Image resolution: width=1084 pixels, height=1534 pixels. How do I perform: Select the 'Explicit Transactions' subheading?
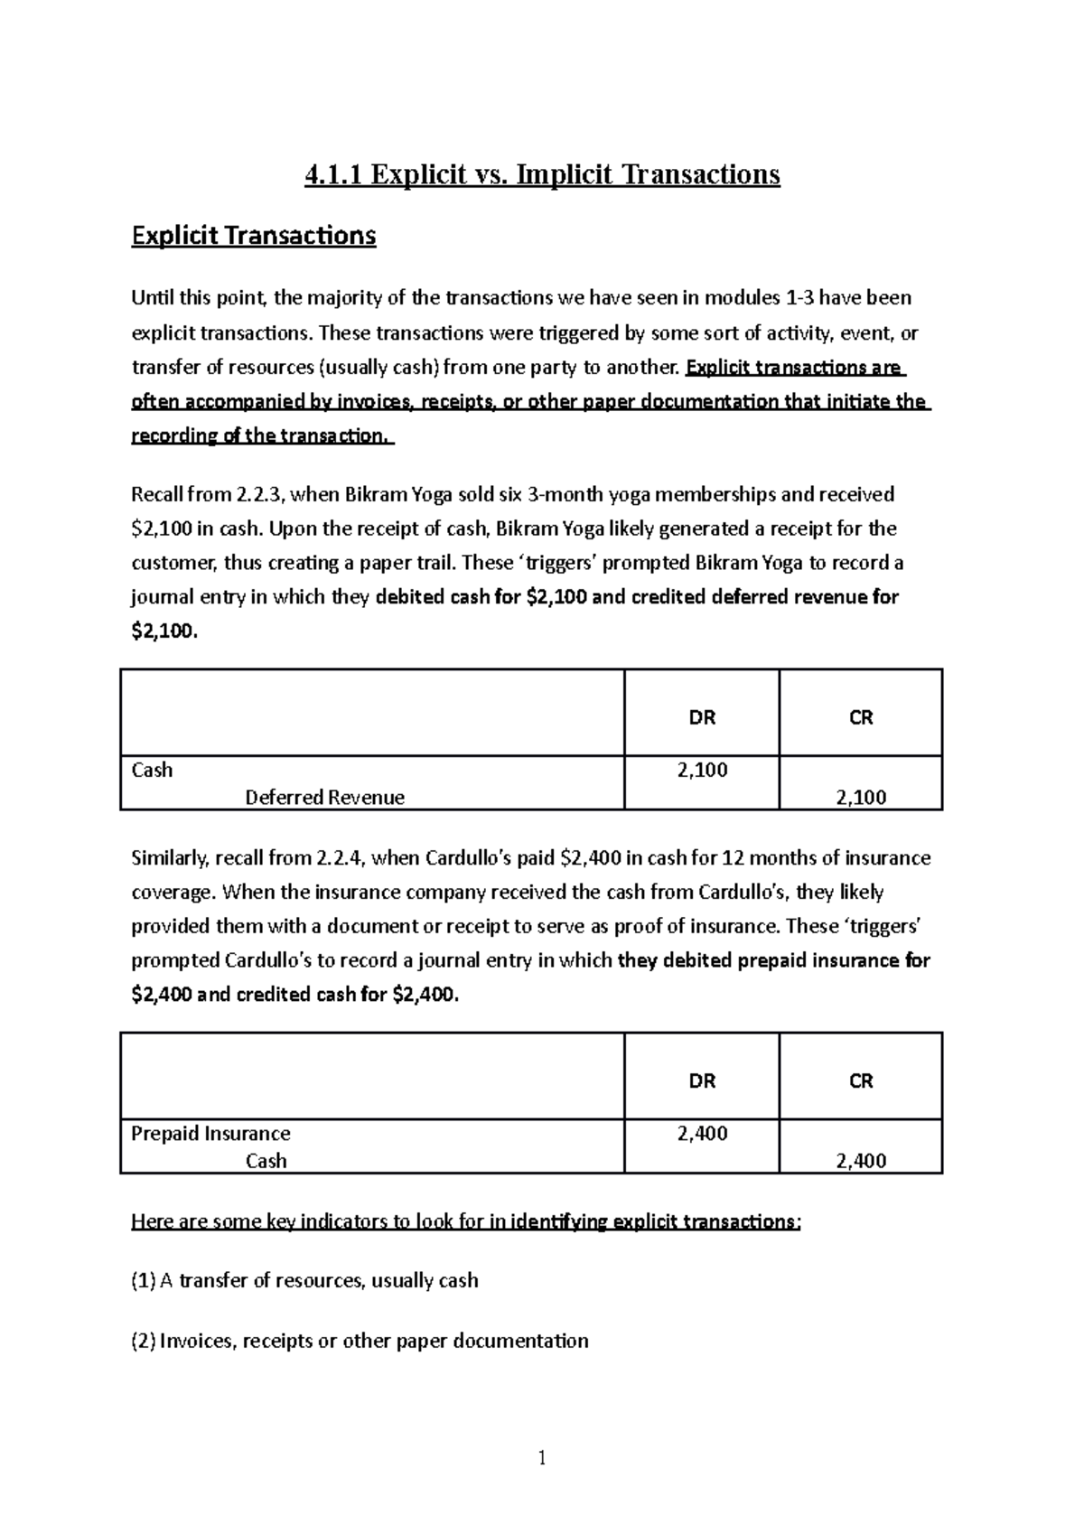click(x=254, y=236)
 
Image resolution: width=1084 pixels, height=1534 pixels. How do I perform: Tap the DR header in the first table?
click(x=702, y=717)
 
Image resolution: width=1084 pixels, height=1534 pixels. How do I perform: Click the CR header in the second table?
click(x=861, y=1080)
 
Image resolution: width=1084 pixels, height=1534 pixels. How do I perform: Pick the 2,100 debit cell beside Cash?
click(x=702, y=770)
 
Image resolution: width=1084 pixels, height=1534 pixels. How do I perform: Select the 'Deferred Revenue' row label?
click(x=324, y=797)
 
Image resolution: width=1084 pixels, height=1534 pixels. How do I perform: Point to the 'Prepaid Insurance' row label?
click(x=210, y=1133)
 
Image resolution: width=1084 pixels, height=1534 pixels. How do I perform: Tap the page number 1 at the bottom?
click(x=542, y=1457)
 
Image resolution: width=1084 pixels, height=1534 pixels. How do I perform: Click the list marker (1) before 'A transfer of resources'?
click(x=144, y=1280)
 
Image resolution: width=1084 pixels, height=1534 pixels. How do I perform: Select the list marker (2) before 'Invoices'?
click(x=144, y=1341)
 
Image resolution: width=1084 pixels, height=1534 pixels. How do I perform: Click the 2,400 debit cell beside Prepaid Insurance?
click(x=702, y=1133)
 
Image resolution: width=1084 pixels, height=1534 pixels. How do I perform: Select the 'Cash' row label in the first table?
click(x=152, y=770)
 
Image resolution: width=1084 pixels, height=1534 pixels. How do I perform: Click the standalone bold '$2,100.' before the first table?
click(x=164, y=631)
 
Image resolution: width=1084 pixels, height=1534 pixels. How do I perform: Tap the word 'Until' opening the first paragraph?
click(x=151, y=297)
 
